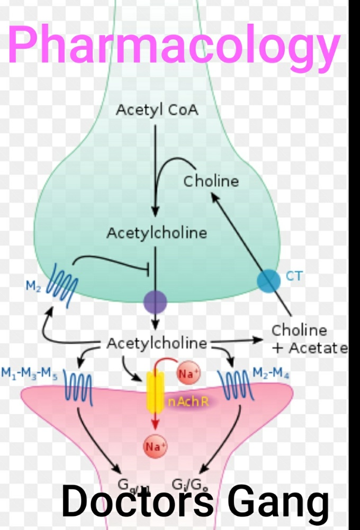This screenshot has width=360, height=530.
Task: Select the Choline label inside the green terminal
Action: click(211, 181)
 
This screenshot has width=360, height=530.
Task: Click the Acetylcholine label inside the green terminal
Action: click(157, 233)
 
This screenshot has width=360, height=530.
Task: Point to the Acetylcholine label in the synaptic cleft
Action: click(157, 343)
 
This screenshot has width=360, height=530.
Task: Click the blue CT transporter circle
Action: click(269, 280)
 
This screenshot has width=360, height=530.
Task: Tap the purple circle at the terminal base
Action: click(155, 303)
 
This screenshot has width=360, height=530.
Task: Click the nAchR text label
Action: click(188, 403)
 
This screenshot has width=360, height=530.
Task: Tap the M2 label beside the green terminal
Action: click(33, 286)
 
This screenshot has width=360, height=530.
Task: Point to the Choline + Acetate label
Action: click(307, 339)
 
